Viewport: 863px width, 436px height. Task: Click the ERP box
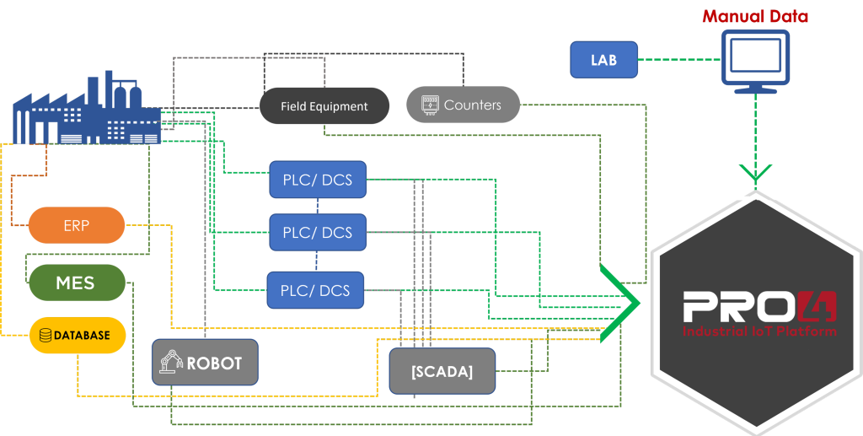pos(77,224)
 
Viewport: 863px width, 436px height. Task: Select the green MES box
pos(77,283)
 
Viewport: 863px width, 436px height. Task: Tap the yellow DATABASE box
pos(77,335)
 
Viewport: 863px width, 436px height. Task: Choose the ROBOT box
pos(206,363)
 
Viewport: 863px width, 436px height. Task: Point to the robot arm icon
pos(171,363)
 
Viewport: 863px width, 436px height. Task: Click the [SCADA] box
pos(442,371)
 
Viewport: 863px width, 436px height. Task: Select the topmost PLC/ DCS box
pos(318,180)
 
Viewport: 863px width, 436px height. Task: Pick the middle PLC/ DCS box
pos(318,232)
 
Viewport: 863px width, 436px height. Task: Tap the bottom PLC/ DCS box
pos(315,289)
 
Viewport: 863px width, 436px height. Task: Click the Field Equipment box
pos(324,105)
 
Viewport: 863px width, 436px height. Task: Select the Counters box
pos(463,105)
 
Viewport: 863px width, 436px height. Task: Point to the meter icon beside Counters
pos(430,105)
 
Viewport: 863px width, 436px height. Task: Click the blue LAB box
pos(603,59)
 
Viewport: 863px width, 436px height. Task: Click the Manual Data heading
pos(755,16)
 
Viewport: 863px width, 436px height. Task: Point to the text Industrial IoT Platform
pos(759,331)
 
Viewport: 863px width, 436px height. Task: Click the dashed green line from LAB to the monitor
pos(679,59)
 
